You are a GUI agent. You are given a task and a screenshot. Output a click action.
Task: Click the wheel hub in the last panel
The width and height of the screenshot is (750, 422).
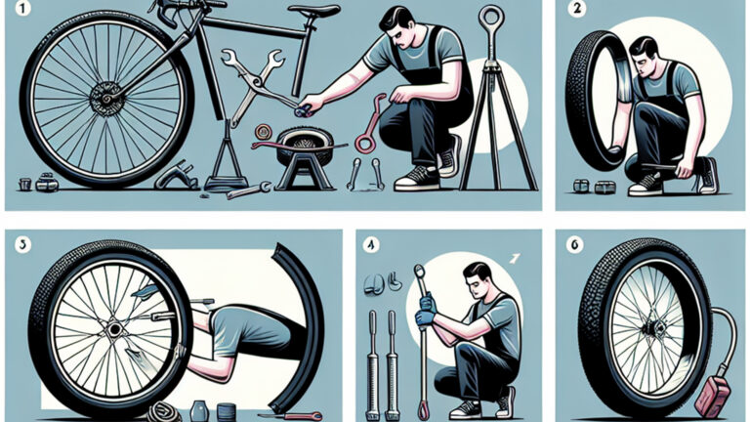pyautogui.click(x=646, y=329)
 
